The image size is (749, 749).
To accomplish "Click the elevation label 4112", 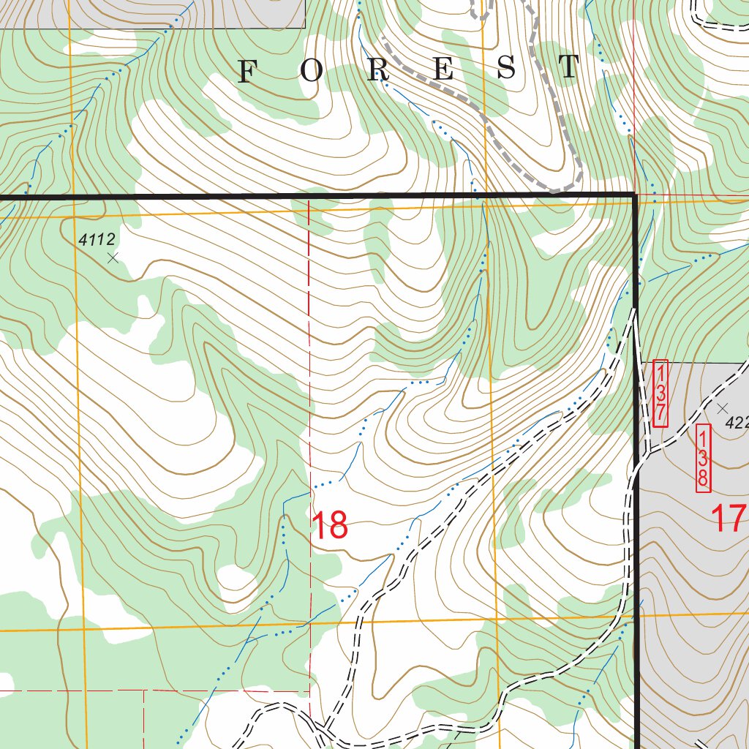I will [97, 238].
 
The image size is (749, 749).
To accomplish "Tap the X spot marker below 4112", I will [112, 257].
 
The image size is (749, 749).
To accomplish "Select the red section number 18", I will [329, 525].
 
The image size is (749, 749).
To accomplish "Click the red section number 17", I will [729, 519].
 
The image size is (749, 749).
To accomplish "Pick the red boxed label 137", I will [660, 393].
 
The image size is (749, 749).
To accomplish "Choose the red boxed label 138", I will [702, 458].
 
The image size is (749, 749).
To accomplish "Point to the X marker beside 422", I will [723, 408].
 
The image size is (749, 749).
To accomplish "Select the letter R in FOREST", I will [379, 71].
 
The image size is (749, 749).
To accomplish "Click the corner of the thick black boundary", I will [634, 195].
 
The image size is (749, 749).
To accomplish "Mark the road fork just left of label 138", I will [645, 452].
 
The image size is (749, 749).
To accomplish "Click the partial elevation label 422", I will [737, 423].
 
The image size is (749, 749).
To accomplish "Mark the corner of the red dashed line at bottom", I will [309, 690].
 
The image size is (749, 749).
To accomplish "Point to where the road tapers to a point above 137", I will [634, 310].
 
